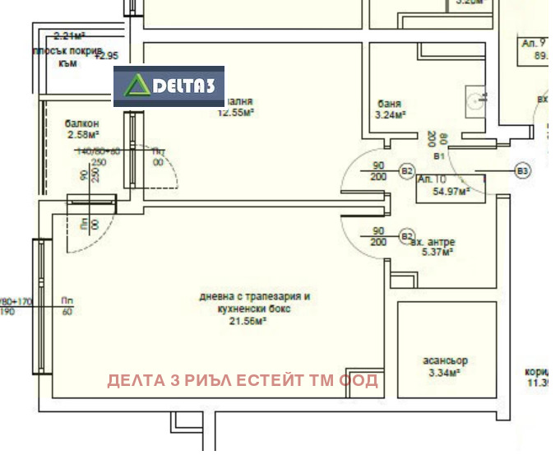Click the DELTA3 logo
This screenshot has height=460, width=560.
click(169, 86)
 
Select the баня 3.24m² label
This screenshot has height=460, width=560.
click(390, 109)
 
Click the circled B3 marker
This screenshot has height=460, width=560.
click(522, 170)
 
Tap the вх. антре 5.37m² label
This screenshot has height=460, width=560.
click(435, 247)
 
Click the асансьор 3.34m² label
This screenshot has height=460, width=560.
click(447, 366)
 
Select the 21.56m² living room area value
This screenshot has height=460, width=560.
click(249, 321)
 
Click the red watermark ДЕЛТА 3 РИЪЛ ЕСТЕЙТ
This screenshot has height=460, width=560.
click(242, 380)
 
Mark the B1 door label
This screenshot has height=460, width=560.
click(438, 156)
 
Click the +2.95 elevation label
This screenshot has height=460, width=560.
click(107, 56)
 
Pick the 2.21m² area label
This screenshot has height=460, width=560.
click(70, 35)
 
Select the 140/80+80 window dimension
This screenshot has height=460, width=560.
click(98, 151)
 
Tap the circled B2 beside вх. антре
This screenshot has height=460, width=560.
click(406, 236)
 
